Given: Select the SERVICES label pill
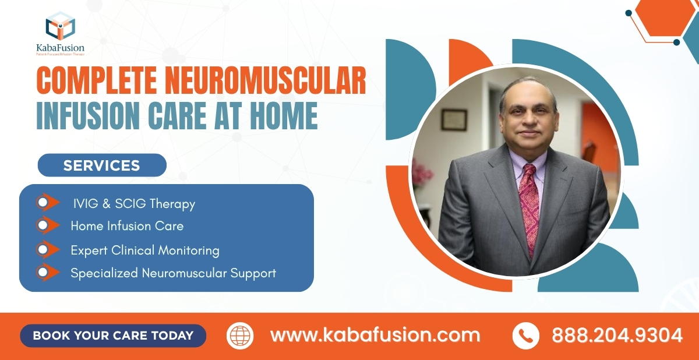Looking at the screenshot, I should [102, 165].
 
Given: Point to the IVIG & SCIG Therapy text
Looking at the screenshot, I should [134, 204].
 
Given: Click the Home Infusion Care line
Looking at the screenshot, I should [127, 225].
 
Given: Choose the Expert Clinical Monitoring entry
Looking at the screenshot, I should [145, 250].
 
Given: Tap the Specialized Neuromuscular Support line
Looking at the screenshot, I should [173, 273].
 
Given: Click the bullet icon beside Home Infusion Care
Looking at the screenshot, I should [47, 225].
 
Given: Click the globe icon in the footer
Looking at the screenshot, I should [240, 336].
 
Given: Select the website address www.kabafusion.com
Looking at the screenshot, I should [375, 336].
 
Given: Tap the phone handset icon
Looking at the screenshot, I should [525, 336].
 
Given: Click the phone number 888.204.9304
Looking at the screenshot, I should [616, 336].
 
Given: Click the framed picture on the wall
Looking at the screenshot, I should [454, 120].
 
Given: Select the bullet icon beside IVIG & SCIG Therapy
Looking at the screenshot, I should [47, 203].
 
